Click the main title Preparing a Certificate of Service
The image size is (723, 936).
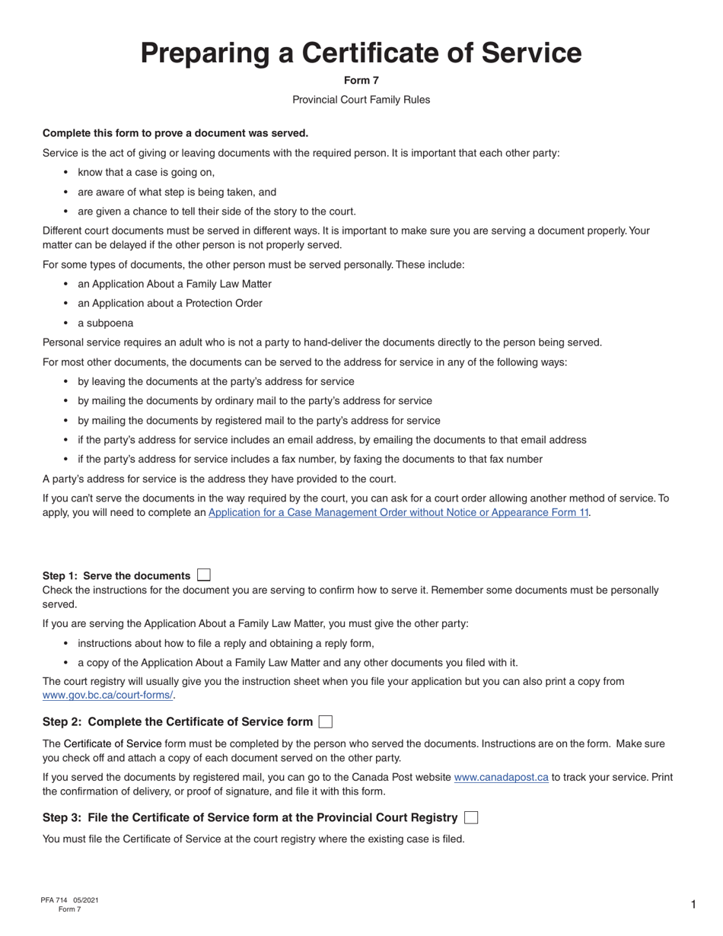pyautogui.click(x=361, y=53)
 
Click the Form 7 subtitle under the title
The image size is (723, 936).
pyautogui.click(x=361, y=81)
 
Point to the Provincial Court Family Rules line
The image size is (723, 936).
pyautogui.click(x=361, y=100)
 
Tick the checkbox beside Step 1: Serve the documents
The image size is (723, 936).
pyautogui.click(x=203, y=575)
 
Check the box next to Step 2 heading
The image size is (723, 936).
pyautogui.click(x=325, y=721)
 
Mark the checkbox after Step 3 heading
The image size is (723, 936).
pyautogui.click(x=471, y=817)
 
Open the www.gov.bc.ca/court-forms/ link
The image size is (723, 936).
pyautogui.click(x=108, y=696)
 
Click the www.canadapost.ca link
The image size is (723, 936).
pyautogui.click(x=501, y=778)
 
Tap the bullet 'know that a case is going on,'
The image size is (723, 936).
pyautogui.click(x=146, y=172)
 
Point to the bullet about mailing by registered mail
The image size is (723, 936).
pyautogui.click(x=259, y=420)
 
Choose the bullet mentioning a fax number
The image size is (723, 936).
pyautogui.click(x=310, y=459)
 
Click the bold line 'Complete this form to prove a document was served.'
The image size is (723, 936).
pyautogui.click(x=176, y=133)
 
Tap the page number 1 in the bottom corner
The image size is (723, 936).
pyautogui.click(x=693, y=904)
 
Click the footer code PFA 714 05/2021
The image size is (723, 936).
pyautogui.click(x=69, y=900)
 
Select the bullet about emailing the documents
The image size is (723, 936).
pyautogui.click(x=332, y=440)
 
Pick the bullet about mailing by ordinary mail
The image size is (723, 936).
pyautogui.click(x=254, y=401)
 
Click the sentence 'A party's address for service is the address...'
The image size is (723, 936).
pyautogui.click(x=219, y=479)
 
